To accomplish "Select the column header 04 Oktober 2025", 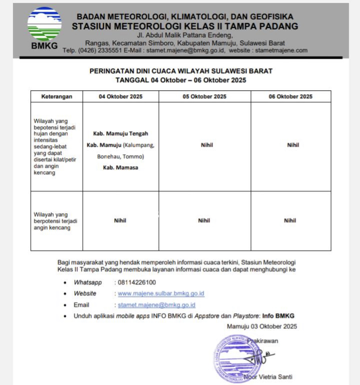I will point(120,96).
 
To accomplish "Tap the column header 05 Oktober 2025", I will point(204,96).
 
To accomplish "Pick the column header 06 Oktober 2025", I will point(290,96).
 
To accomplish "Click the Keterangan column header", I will point(57,96).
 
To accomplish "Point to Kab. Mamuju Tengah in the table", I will point(120,133).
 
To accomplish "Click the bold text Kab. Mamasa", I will point(120,168).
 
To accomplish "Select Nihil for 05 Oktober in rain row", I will point(207,145).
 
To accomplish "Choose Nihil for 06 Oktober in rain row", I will point(293,145).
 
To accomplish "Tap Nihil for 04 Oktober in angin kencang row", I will point(120,221).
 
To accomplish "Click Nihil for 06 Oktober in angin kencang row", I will point(290,221).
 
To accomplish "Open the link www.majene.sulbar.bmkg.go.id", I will point(161,294).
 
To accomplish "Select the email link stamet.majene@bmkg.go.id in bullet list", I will point(157,305).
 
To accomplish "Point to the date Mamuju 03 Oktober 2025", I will point(262,326).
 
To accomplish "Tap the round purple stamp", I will point(233,358).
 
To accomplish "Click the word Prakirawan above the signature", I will point(263,341).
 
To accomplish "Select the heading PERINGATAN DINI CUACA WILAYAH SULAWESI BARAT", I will point(181,71).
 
